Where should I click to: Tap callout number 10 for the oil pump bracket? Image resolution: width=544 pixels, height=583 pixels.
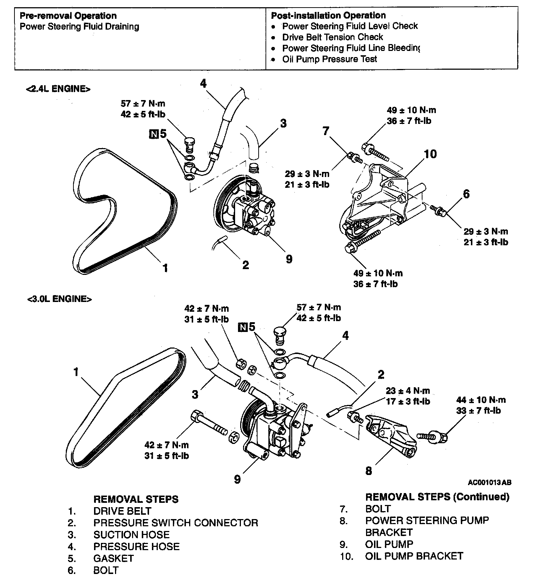point(430,154)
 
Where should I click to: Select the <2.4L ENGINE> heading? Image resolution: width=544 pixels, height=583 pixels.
point(58,89)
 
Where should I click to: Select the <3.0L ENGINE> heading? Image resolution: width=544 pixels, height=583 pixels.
point(59,299)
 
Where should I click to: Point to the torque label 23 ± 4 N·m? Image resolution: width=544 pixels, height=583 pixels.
point(408,390)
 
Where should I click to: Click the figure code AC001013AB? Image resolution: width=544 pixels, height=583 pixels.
point(490,483)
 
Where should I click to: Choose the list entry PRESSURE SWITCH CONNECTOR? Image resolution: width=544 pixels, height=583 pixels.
point(176,523)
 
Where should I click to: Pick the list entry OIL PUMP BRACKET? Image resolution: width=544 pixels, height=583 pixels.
point(414,556)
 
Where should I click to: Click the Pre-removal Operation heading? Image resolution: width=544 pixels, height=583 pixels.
point(68,16)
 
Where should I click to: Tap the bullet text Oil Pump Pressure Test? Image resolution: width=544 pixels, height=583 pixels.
point(330,59)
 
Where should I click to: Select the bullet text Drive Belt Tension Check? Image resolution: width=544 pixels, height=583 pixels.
point(332,37)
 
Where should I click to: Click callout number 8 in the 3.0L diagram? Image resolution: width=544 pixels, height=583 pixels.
point(369,471)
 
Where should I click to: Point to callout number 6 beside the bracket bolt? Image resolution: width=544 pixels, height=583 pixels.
point(466,194)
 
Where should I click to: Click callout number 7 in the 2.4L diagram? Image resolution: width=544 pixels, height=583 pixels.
point(326,131)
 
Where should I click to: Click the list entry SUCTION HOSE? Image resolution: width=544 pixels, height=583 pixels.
point(131,535)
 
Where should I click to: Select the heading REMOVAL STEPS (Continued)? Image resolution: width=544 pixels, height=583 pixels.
point(437,497)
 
